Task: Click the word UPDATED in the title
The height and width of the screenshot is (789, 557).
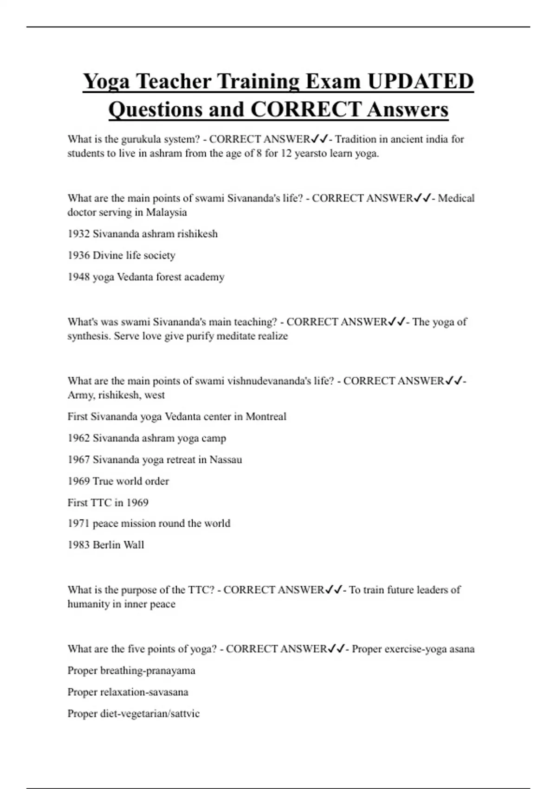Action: coord(421,81)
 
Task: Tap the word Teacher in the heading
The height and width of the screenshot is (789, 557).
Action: coord(173,81)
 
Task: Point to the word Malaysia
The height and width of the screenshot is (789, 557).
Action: coord(167,213)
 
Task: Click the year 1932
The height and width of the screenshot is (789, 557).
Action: coord(78,234)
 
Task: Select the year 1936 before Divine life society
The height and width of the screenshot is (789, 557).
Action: coord(78,255)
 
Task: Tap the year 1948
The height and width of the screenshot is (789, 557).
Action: coord(78,277)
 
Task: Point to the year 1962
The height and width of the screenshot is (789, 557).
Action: coord(78,438)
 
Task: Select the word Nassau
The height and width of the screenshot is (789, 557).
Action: coord(226,460)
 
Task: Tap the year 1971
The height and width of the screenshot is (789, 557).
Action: coord(78,524)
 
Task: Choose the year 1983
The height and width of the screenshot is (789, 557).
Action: coord(78,545)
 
